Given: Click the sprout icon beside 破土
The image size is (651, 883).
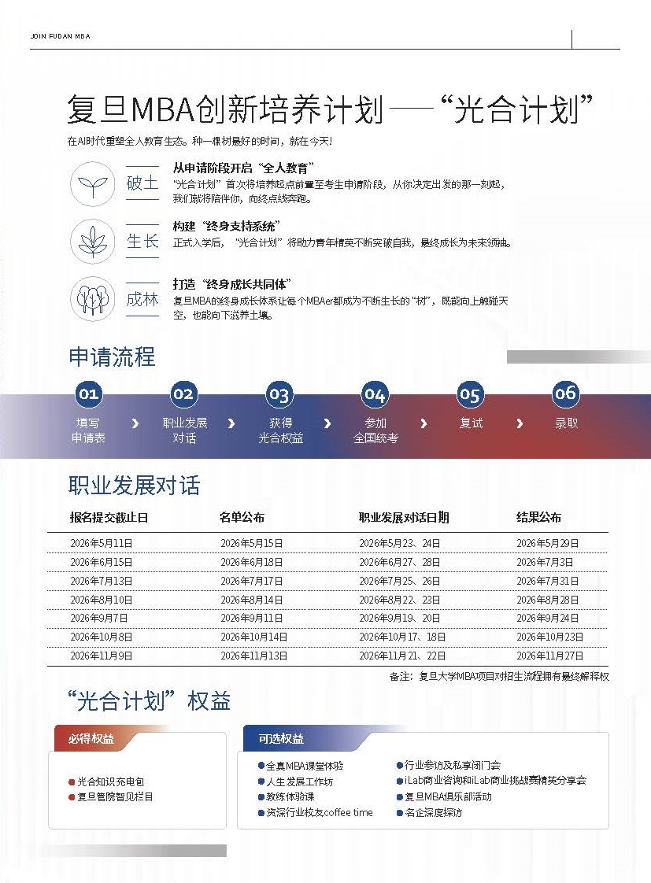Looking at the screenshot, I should [94, 184].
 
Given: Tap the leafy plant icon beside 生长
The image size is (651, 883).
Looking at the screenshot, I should [94, 241].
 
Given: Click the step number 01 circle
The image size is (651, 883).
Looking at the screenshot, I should [88, 393].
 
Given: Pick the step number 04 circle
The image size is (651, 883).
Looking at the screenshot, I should [375, 394].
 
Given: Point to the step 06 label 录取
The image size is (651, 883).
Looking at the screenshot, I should [566, 423].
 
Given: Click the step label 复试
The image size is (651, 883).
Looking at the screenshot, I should [471, 423].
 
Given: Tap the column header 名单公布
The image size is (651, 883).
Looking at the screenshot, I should [242, 517].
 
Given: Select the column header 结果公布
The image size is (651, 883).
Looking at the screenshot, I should [538, 517].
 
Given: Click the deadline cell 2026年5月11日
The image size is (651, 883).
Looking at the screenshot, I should [102, 543].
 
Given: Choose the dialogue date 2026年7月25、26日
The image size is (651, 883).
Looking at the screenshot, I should [399, 581].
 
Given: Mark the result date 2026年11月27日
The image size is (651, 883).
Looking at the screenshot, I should [549, 656].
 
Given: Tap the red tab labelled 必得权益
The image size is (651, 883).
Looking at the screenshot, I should [91, 738].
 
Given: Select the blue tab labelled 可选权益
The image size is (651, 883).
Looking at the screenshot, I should [281, 739].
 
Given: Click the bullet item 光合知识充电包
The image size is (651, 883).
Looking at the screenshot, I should [110, 782].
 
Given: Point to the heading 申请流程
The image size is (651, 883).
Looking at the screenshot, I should [112, 357].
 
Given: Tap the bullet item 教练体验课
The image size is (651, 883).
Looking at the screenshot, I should [290, 796].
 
